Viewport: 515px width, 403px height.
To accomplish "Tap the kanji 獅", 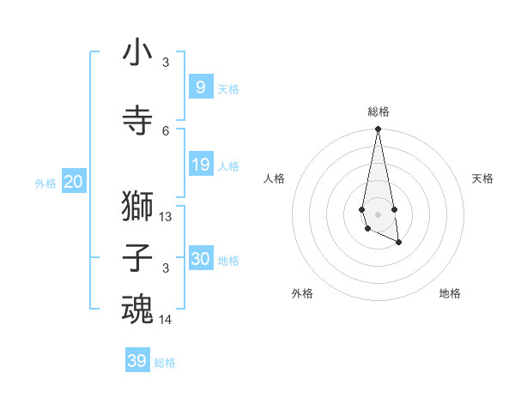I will tap(137, 208).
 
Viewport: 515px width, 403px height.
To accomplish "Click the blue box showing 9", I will tap(200, 87).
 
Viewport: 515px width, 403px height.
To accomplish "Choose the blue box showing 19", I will tap(200, 164).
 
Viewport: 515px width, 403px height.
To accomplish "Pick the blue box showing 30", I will tap(200, 258).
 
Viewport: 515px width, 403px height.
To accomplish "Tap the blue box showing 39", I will tap(137, 361).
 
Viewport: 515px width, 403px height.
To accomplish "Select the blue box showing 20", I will tap(73, 181).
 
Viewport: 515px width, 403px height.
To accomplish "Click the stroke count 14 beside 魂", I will tap(166, 320).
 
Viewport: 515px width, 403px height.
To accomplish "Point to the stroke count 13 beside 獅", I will tap(166, 217).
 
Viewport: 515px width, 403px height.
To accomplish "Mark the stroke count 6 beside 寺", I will tap(166, 130).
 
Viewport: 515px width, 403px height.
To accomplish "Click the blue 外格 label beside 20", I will tap(45, 183).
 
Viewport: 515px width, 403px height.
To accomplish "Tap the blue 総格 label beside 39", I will tap(165, 363).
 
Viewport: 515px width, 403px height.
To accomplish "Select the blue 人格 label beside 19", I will tap(228, 165).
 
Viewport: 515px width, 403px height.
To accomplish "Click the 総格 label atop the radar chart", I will tap(378, 111).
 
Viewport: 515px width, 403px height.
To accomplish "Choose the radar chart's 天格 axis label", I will tap(482, 178).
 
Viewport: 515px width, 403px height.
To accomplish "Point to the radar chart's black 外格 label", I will tap(302, 293).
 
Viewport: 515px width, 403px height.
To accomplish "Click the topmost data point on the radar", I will tap(378, 129).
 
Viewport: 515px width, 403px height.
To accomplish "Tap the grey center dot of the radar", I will tap(378, 212).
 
